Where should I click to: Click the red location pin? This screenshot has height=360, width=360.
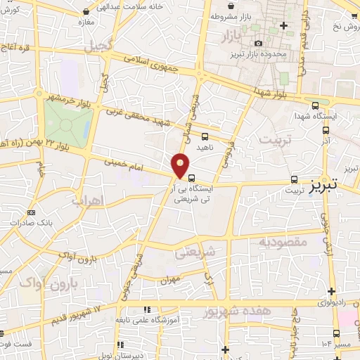[181, 165]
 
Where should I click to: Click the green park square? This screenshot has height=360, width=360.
[67, 124]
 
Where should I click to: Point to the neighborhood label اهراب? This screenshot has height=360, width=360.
[88, 200]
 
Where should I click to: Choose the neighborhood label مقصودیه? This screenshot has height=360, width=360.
[283, 243]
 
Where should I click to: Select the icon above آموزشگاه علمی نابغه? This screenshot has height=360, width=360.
[146, 309]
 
